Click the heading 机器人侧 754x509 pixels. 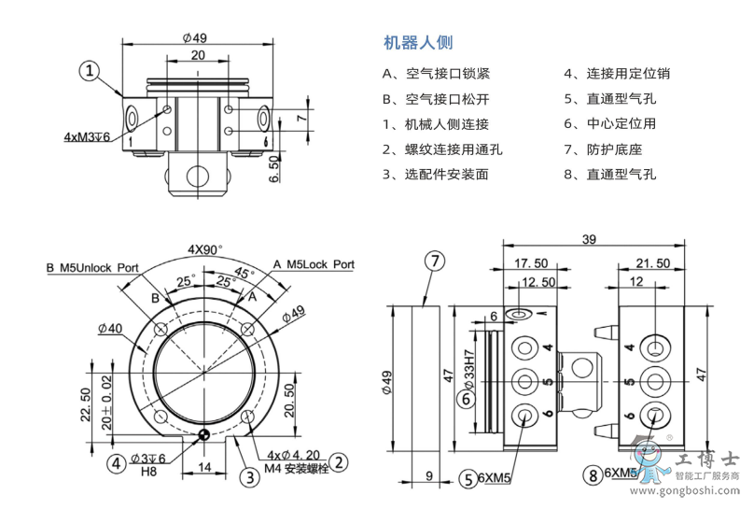[x=418, y=42]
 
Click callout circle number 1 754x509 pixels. [x=90, y=71]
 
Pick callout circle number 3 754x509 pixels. [x=249, y=477]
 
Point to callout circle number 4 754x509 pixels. [x=116, y=461]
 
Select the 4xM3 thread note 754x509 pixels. [x=87, y=136]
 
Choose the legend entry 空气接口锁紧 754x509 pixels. [x=436, y=73]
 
